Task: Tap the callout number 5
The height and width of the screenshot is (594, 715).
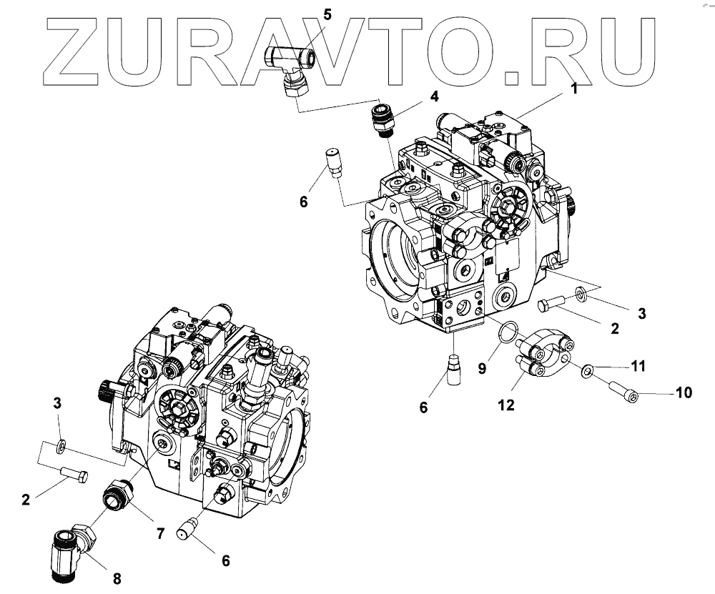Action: tap(327, 13)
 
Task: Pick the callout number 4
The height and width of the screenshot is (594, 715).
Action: tap(435, 96)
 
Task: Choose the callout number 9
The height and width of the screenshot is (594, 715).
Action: tap(481, 368)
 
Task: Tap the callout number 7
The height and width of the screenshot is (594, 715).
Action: tap(160, 533)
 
